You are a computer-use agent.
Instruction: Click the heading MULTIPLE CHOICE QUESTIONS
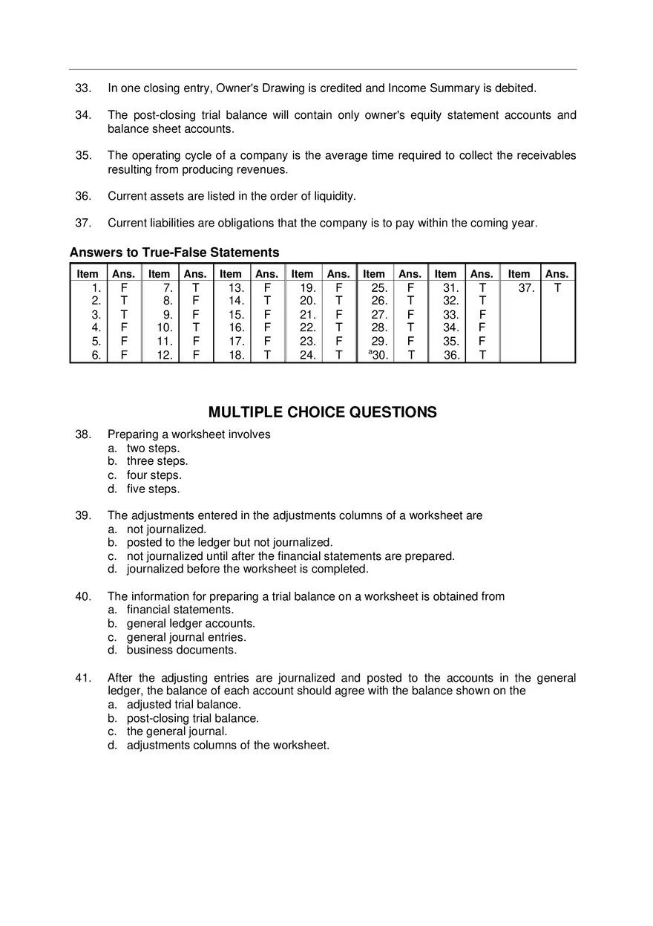coord(322,412)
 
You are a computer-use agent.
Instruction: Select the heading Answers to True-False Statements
coord(174,252)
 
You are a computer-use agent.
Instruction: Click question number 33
coord(83,88)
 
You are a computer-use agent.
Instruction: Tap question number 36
coord(83,196)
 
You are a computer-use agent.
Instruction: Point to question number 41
coord(83,678)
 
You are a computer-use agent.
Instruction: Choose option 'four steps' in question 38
coord(154,475)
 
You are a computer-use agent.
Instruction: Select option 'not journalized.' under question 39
coord(166,529)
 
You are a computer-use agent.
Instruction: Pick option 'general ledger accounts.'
coord(191,624)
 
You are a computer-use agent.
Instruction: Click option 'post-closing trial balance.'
coord(192,718)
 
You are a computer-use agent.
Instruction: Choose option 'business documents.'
coord(181,651)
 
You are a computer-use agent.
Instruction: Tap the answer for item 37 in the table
coord(557,288)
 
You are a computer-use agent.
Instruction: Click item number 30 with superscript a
coord(378,355)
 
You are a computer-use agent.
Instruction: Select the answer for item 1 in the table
coord(124,288)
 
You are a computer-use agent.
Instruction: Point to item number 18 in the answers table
coord(236,355)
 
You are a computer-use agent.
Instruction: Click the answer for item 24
coord(338,355)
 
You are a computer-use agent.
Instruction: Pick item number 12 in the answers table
coord(165,355)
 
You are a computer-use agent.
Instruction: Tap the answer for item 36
coord(482,355)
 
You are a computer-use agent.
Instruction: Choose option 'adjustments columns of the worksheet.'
coord(227,745)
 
